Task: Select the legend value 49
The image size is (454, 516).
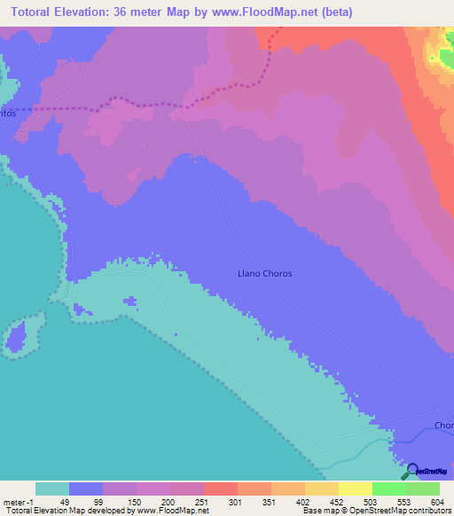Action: tap(65, 501)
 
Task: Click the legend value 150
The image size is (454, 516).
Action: tap(132, 501)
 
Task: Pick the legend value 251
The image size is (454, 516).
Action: tap(200, 501)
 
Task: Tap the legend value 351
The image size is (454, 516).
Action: tap(267, 501)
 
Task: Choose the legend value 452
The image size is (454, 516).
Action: tap(334, 501)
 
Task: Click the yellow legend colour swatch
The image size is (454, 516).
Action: tap(355, 489)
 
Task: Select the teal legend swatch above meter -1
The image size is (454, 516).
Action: tap(51, 489)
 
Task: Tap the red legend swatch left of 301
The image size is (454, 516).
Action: tap(220, 489)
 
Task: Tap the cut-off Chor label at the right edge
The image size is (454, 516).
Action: tap(443, 425)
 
